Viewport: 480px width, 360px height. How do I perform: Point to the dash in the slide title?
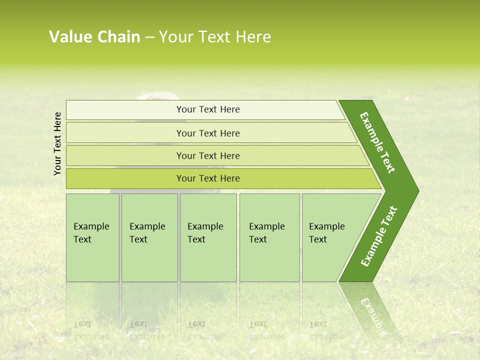149,37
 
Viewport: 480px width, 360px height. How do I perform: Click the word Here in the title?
253,37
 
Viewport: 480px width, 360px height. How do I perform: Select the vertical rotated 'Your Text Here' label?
57,144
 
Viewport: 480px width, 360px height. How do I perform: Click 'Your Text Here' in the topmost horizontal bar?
208,109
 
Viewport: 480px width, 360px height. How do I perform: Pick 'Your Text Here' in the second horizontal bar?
208,133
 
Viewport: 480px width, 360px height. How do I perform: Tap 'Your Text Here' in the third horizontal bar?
208,155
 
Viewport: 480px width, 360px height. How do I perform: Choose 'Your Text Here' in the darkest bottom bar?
208,178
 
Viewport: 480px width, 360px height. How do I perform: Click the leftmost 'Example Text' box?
92,237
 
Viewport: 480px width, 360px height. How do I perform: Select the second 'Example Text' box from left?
149,237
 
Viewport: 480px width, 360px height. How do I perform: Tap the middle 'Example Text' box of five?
207,237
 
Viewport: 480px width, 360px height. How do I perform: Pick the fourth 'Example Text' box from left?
269,237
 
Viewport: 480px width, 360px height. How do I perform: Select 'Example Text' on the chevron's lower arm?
379,236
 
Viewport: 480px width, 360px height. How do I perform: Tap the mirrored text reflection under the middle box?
205,330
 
